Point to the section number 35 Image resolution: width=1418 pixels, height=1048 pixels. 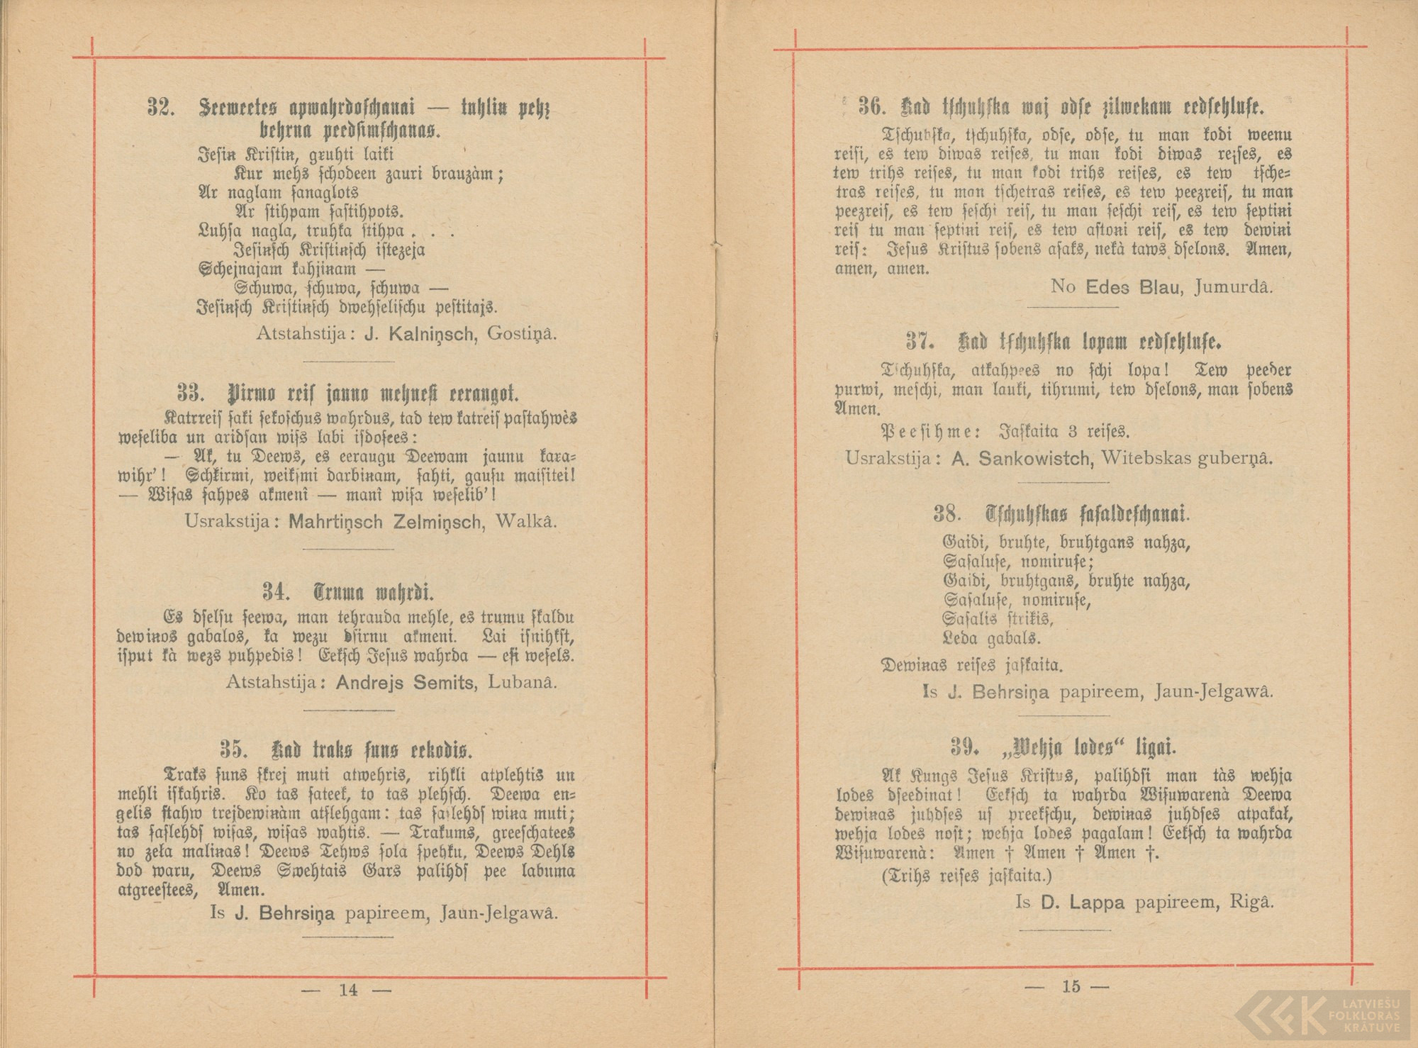pyautogui.click(x=233, y=749)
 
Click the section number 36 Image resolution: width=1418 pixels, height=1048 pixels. pyautogui.click(x=871, y=107)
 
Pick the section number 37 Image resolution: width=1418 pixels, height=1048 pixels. pyautogui.click(x=920, y=342)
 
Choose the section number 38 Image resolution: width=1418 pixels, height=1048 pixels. pyautogui.click(x=947, y=513)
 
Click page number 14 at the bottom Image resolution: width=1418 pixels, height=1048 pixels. pyautogui.click(x=348, y=991)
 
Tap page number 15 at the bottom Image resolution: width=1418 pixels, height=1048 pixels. pyautogui.click(x=1071, y=986)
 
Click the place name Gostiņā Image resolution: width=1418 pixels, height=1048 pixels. pyautogui.click(x=523, y=334)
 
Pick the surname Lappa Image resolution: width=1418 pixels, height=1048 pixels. pyautogui.click(x=1098, y=903)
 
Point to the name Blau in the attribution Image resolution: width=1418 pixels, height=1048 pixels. pyautogui.click(x=1161, y=287)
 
